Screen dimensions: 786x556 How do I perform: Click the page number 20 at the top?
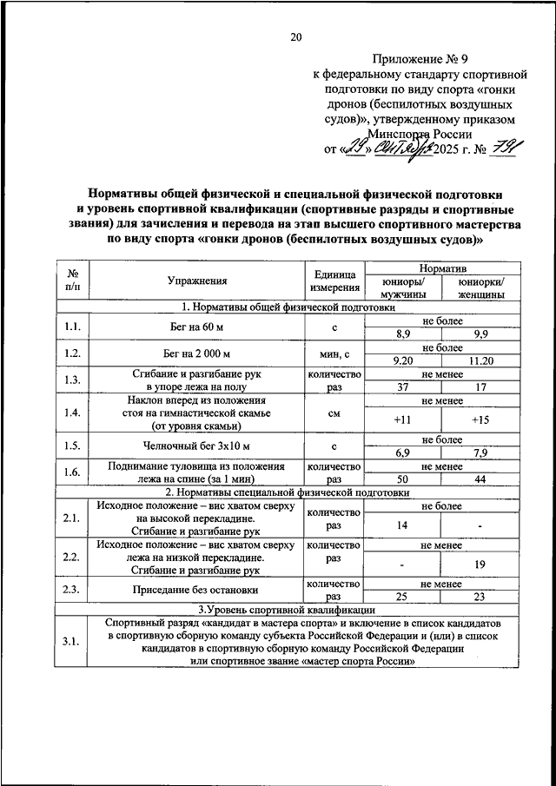295,36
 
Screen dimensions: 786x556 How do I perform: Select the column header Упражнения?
197,281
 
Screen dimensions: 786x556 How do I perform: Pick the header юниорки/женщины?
480,287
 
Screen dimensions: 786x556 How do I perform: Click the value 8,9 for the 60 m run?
402,334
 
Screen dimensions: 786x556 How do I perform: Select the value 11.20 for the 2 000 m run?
480,360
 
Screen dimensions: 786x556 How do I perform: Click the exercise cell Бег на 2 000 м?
197,353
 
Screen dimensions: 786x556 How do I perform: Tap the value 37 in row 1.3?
402,386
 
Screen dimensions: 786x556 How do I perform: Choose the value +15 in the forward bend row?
480,419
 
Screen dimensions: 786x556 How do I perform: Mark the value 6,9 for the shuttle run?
402,453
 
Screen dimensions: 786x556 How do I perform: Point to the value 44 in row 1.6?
480,479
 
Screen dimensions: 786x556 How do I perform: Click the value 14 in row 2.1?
402,525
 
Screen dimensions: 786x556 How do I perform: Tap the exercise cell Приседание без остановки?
197,591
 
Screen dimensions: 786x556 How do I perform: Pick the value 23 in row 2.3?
480,598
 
